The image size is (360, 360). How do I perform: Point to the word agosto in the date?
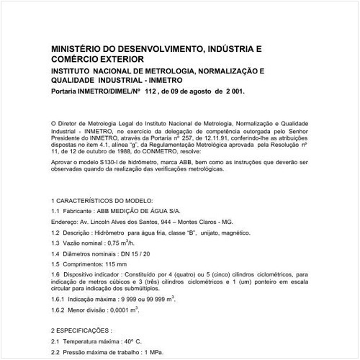(202, 92)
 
